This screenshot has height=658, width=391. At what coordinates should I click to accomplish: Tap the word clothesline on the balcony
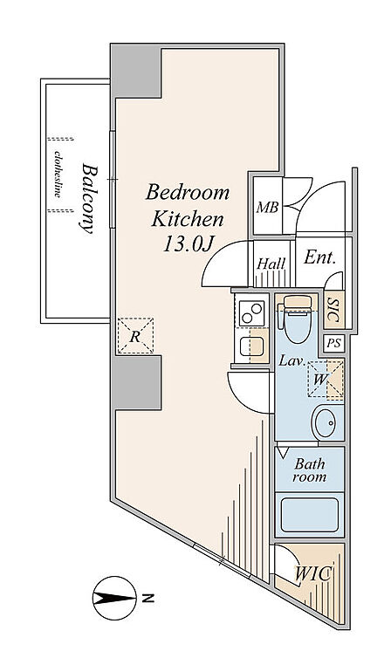[58, 175]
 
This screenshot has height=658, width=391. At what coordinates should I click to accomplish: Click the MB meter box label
[268, 207]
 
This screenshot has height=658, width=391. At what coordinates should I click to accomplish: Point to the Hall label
[271, 264]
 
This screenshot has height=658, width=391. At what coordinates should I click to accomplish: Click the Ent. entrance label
[320, 257]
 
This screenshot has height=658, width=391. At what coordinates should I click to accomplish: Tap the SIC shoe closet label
[333, 310]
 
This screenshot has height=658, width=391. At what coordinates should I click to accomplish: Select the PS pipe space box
[334, 343]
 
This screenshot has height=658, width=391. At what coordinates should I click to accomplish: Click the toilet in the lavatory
[298, 319]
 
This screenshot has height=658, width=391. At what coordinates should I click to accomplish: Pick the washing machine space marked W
[326, 379]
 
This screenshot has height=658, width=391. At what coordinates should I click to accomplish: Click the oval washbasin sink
[326, 422]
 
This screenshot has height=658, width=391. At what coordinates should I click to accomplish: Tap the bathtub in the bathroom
[310, 515]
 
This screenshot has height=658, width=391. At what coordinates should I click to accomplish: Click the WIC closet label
[314, 573]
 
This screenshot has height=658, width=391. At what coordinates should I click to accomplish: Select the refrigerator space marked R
[135, 336]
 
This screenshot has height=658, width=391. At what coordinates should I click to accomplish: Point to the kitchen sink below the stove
[251, 346]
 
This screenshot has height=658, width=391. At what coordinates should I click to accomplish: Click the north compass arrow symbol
[114, 598]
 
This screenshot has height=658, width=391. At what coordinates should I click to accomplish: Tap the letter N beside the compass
[147, 598]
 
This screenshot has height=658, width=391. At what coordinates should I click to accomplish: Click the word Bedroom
[188, 193]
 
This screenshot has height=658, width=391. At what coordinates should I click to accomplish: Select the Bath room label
[310, 470]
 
